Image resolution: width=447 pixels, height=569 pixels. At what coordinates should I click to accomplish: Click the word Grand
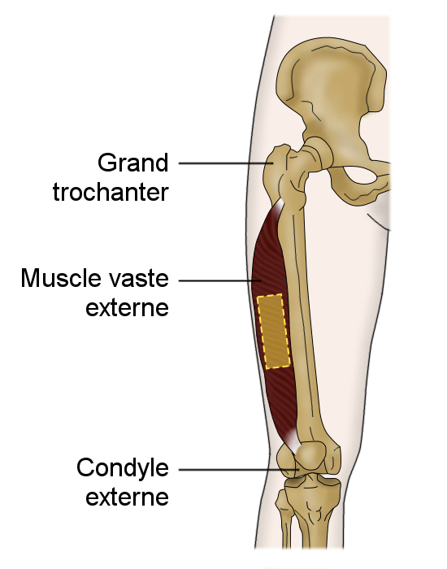coord(133,163)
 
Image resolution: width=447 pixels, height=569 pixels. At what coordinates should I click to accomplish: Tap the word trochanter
coord(111,192)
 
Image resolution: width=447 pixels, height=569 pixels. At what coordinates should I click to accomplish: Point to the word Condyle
coord(123,468)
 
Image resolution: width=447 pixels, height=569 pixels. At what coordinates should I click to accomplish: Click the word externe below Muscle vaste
coord(128,308)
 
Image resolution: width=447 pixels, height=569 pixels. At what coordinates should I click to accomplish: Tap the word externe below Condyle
coord(128,497)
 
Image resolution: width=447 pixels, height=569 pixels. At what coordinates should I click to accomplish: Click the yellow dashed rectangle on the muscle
coord(274,332)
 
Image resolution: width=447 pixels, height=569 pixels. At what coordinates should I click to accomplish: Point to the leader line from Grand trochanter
coord(226,163)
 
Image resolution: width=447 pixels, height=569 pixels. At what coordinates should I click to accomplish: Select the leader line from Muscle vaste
coord(220,280)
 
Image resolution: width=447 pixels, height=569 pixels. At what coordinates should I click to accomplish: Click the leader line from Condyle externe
coord(239,470)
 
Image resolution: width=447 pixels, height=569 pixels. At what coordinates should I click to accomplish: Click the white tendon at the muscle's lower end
coord(293,441)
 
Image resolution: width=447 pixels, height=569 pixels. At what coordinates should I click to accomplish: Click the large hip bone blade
coord(331,84)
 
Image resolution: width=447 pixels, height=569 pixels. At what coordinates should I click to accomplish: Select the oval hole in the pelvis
coord(365,178)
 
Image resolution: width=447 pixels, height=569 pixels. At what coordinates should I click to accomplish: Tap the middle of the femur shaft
coord(303,319)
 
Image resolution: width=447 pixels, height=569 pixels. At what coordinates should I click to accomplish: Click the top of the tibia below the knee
coord(313,486)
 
